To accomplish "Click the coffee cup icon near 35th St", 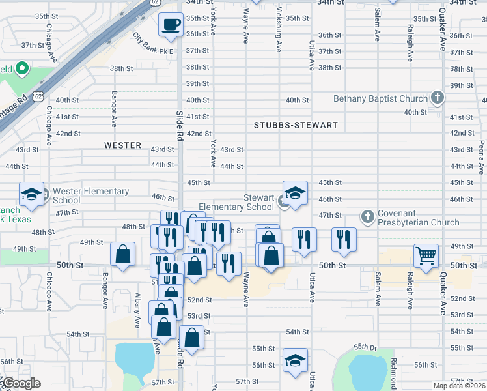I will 171,24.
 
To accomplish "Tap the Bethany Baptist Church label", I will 380,99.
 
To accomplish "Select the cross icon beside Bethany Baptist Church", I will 437,98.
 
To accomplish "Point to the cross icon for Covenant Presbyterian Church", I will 368,216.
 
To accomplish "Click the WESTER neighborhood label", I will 122,145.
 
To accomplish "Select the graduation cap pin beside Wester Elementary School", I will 31,194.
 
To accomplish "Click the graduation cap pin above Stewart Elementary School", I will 295,193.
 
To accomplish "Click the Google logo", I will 21,383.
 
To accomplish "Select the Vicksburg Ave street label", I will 279,30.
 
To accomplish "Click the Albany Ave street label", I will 137,310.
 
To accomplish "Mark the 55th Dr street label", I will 365,347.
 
